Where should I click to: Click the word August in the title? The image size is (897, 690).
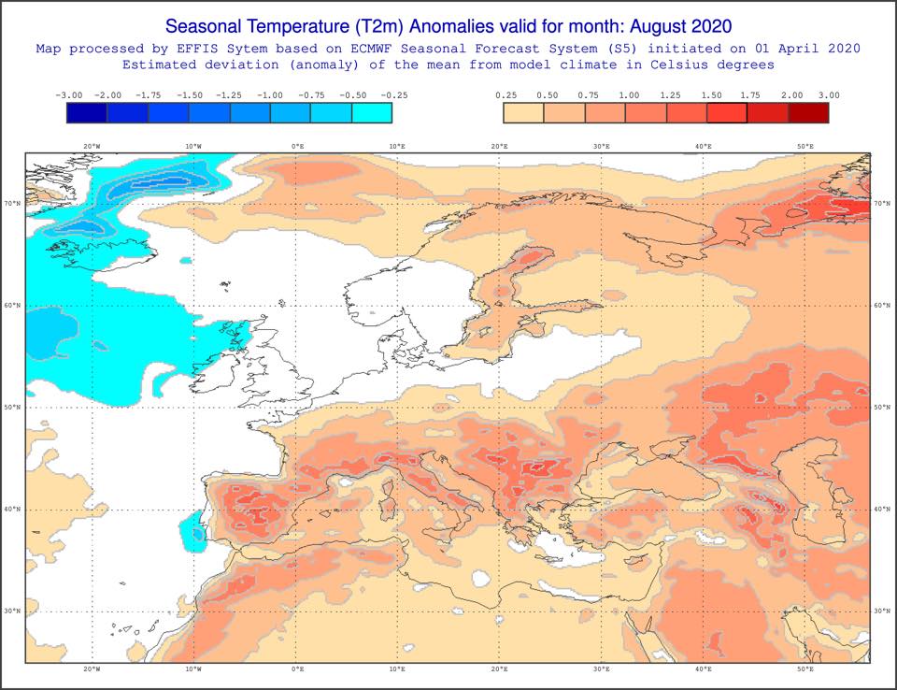(x=659, y=26)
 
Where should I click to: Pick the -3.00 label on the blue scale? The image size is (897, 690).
(x=68, y=95)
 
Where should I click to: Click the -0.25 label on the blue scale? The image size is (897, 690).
(x=393, y=95)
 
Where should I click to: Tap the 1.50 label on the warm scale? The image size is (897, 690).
(x=711, y=95)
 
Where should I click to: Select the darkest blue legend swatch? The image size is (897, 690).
(x=87, y=113)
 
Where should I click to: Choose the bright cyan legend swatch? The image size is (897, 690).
(x=372, y=113)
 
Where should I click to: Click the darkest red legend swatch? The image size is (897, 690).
(x=808, y=113)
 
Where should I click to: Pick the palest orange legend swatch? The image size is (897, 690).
(x=523, y=113)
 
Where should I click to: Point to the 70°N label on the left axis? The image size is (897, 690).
(x=12, y=203)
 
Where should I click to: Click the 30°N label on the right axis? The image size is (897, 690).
(x=882, y=611)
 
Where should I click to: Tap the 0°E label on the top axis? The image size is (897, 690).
(x=297, y=147)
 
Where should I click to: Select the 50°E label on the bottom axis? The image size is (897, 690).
(x=804, y=668)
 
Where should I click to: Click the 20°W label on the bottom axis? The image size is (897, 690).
(x=92, y=668)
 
